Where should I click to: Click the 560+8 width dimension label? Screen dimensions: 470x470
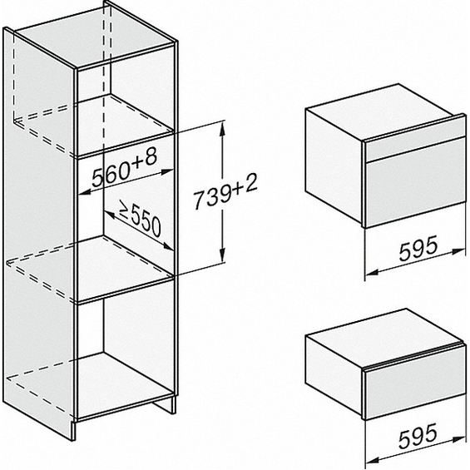pos(122,173)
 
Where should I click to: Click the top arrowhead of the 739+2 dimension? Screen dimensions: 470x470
pos(222,126)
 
